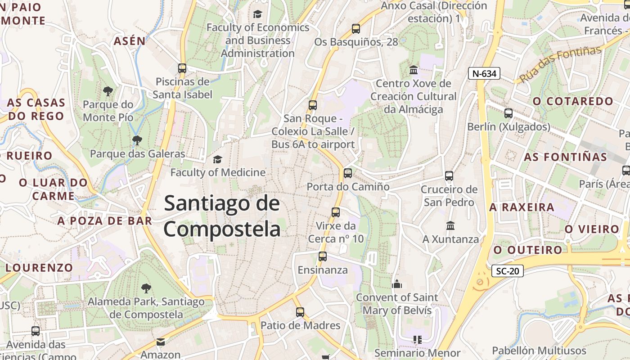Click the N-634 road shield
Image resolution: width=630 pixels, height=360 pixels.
(484, 74)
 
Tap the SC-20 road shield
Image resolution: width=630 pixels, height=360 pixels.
(507, 271)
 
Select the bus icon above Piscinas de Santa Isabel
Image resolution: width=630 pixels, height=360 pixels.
(182, 68)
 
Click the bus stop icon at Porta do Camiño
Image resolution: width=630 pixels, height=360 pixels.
(347, 173)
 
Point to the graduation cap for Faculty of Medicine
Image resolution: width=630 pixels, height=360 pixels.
(217, 159)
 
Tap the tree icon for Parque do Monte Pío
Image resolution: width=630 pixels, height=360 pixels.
(108, 91)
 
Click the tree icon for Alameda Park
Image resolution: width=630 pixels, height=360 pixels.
(146, 288)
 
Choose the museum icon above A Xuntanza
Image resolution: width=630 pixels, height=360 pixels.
(450, 225)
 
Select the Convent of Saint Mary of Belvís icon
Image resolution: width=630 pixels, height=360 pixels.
(396, 284)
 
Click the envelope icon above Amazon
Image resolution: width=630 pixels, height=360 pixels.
(161, 342)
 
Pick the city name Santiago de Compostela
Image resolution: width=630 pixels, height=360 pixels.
(222, 216)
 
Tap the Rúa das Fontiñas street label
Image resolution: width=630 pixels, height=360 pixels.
(560, 64)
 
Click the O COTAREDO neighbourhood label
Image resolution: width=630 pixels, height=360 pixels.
(573, 101)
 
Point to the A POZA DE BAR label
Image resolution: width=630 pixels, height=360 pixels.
(104, 221)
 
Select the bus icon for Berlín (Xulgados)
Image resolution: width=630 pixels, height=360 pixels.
(508, 113)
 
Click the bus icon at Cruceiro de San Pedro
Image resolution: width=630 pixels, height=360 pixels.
(449, 176)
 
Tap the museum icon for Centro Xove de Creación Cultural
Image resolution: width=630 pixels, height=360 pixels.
(413, 70)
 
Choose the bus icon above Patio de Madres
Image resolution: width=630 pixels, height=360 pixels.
(300, 312)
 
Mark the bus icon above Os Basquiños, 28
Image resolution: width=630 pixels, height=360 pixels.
(356, 29)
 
